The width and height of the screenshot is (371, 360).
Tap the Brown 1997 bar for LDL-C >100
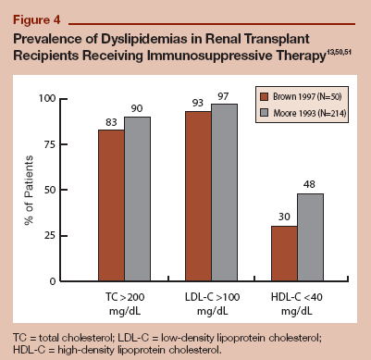click(x=198, y=196)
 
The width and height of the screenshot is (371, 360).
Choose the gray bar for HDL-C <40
click(x=311, y=237)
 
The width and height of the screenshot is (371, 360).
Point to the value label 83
click(x=111, y=122)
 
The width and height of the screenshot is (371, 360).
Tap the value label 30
click(x=285, y=218)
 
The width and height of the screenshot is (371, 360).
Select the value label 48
click(x=311, y=186)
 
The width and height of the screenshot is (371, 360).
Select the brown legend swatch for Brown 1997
click(x=264, y=94)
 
